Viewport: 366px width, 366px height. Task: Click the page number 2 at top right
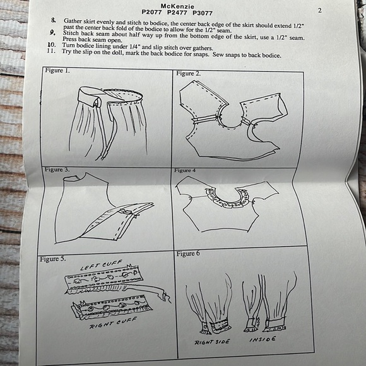[x=320, y=11]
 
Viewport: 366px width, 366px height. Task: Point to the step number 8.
[x=53, y=21]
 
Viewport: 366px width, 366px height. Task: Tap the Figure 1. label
[x=57, y=71]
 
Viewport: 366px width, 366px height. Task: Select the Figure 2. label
[x=189, y=74]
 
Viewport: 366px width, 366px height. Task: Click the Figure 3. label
[x=57, y=170]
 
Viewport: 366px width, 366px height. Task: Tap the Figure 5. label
[x=56, y=259]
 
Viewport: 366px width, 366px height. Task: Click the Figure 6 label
[x=189, y=254]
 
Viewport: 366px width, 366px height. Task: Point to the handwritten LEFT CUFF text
[x=100, y=265]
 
